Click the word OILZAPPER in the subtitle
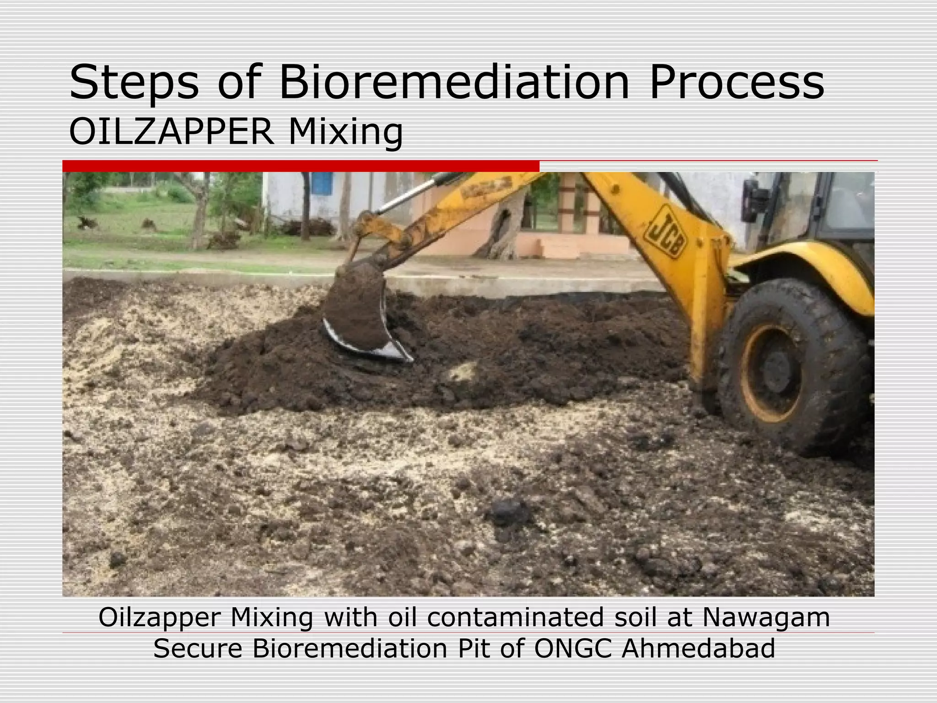click(x=172, y=132)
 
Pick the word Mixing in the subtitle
click(x=346, y=133)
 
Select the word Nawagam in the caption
click(x=766, y=617)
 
